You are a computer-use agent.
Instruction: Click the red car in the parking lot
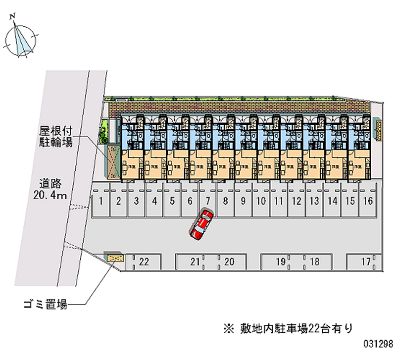coord(201,225)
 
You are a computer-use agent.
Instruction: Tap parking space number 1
coord(100,201)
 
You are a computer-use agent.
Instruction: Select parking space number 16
coord(368,201)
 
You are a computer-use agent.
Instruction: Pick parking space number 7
coord(208,201)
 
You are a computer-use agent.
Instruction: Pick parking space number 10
coord(261,201)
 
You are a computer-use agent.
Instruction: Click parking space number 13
coord(314,201)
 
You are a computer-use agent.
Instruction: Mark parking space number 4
coord(154,201)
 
